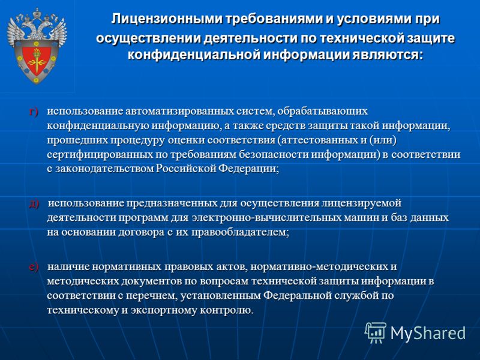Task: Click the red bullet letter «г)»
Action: pos(34,112)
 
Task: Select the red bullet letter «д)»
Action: pos(34,204)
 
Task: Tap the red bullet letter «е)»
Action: pos(34,267)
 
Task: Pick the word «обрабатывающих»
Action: pos(323,112)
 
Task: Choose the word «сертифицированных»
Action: pos(100,155)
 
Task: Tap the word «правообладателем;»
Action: pos(241,233)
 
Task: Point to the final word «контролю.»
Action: pos(227,310)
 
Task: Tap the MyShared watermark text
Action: pos(428,333)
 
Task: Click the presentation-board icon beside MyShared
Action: pos(376,332)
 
